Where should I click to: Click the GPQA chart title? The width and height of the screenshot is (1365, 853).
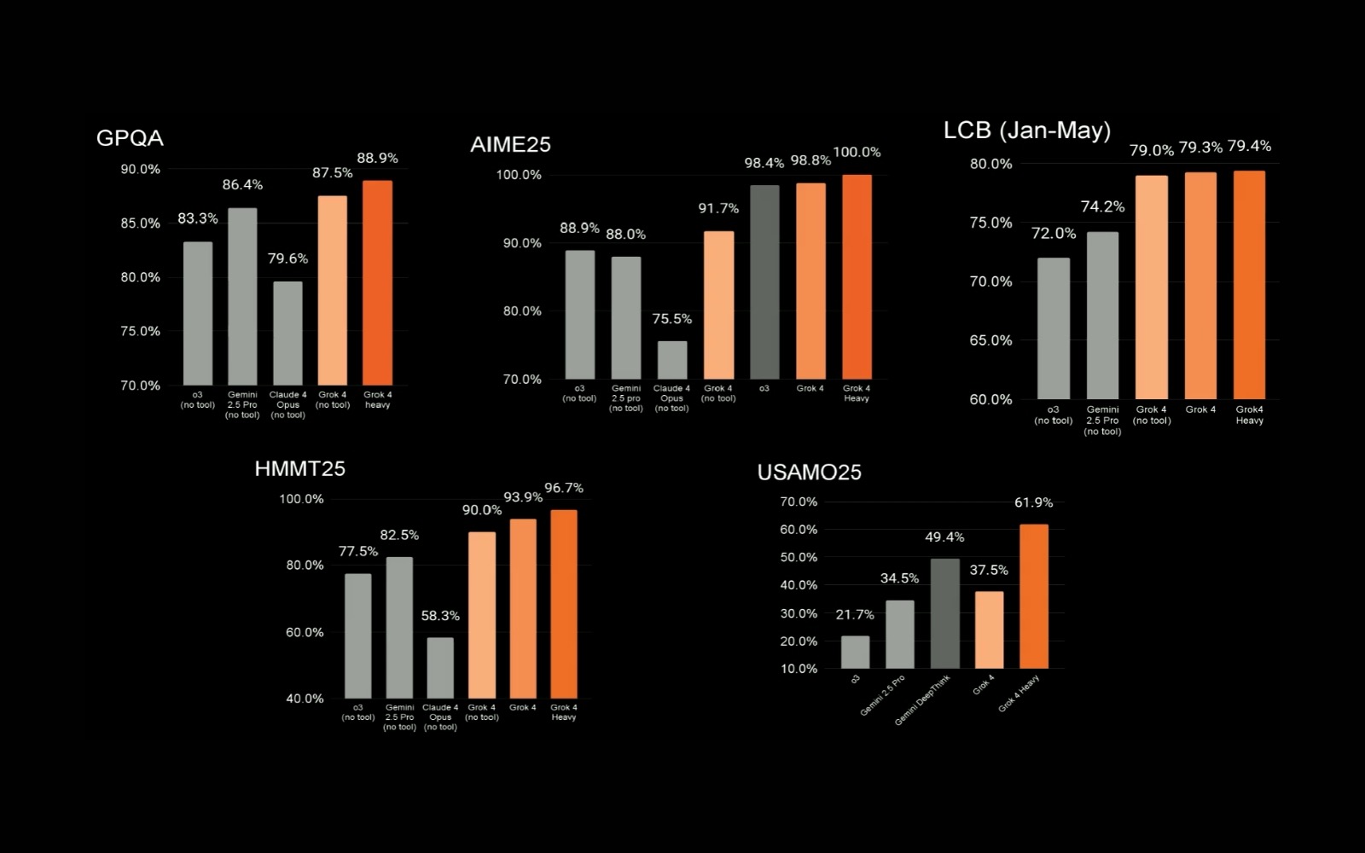point(130,138)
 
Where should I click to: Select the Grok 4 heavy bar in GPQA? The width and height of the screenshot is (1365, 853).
point(377,282)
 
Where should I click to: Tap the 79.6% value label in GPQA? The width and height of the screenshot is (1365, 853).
point(288,258)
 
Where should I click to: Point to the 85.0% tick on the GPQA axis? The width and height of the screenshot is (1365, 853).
point(140,223)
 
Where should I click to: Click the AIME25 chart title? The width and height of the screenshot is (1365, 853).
point(510,145)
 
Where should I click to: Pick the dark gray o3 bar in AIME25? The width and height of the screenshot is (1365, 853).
point(764,281)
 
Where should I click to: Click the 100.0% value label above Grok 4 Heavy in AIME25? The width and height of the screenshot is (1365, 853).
point(857,153)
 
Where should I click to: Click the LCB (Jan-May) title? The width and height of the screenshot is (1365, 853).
point(1027,131)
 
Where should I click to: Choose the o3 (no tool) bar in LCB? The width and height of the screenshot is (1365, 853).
point(1054,328)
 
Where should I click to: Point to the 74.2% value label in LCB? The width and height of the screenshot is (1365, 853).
point(1102,207)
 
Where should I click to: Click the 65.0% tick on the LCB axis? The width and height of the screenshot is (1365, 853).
point(990,340)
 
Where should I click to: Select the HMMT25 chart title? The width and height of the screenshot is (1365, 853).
point(299,469)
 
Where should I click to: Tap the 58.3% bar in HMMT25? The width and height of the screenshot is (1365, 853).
point(440,668)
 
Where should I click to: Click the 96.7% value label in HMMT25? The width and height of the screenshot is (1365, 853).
point(564,488)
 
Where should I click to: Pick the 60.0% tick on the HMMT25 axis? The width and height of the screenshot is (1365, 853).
point(305,632)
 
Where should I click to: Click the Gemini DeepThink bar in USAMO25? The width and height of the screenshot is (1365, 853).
point(944,613)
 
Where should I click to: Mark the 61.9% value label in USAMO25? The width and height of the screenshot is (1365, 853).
point(1033,503)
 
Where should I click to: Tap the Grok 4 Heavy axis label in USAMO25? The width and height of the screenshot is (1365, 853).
point(1019,693)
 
